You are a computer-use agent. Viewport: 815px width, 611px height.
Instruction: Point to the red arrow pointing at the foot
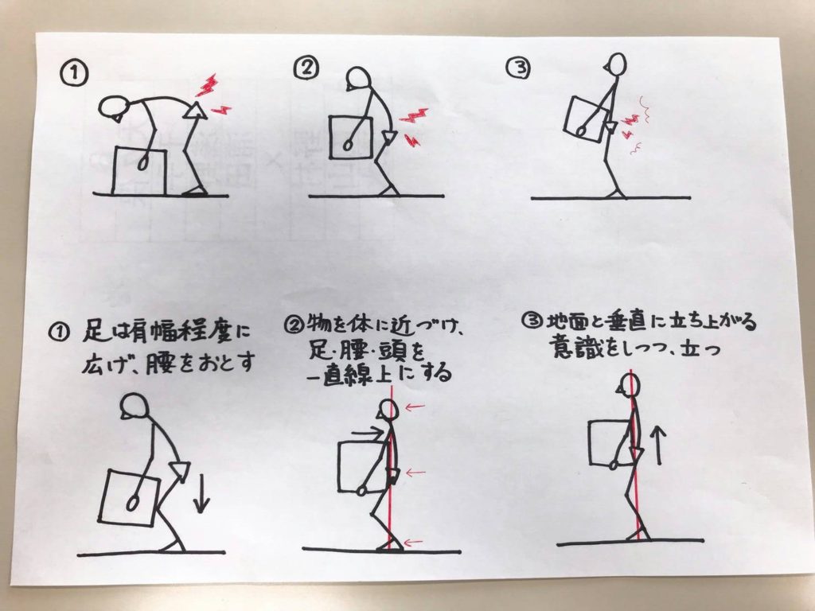413,543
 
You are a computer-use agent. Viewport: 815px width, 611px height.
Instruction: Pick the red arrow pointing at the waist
415,473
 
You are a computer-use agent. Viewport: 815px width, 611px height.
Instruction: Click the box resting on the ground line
139,172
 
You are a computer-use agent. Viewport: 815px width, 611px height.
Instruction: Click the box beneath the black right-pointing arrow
362,466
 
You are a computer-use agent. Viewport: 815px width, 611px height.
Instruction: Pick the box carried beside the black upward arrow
610,442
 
